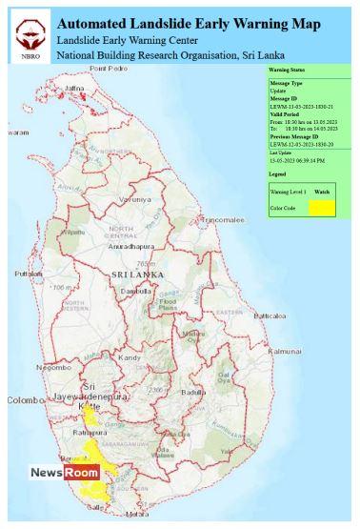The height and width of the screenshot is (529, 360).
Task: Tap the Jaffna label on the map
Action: tap(74, 88)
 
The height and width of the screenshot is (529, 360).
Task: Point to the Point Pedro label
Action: tap(108, 70)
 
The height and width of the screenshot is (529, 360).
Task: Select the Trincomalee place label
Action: tap(223, 219)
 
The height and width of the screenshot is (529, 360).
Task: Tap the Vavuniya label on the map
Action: tap(134, 199)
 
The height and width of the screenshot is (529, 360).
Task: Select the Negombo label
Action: tap(53, 367)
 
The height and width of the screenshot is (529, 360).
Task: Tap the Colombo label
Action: tap(20, 400)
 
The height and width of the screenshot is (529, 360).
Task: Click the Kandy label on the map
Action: tap(130, 357)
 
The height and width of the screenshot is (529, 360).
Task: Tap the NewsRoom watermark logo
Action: tap(64, 473)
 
